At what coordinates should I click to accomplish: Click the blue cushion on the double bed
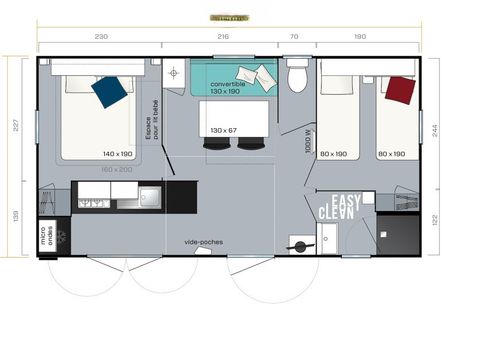[109, 91]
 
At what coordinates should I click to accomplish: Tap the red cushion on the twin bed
[400, 90]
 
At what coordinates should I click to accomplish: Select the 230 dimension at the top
[101, 36]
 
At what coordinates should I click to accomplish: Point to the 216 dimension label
[223, 36]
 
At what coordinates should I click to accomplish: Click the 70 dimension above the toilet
[294, 36]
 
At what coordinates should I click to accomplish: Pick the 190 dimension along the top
[359, 36]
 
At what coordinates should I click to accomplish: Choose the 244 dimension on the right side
[464, 128]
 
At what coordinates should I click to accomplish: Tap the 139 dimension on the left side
[15, 217]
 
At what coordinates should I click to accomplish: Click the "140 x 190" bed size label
[118, 153]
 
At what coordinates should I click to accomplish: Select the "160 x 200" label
[118, 169]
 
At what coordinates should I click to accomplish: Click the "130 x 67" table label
[224, 130]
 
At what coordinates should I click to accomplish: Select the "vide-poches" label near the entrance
[204, 242]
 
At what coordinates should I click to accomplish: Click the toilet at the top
[297, 76]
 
